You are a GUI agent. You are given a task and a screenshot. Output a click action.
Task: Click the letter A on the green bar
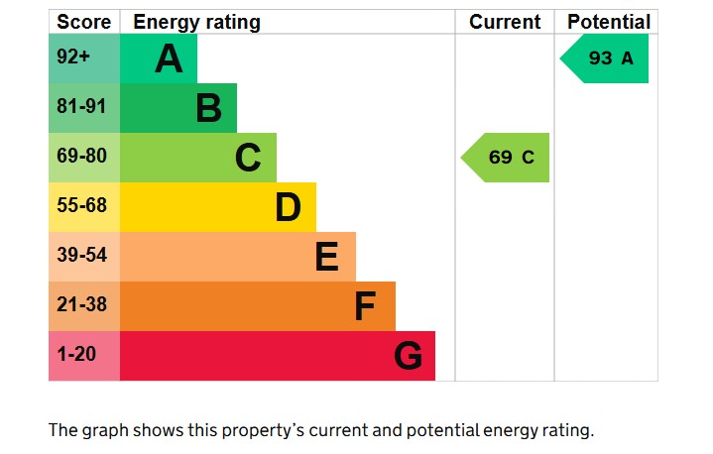pyautogui.click(x=170, y=59)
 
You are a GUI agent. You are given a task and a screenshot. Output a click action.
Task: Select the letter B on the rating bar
pyautogui.click(x=208, y=108)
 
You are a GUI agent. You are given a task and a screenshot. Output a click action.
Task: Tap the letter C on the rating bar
pyautogui.click(x=248, y=158)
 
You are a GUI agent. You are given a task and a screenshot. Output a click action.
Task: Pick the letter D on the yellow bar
pyautogui.click(x=288, y=207)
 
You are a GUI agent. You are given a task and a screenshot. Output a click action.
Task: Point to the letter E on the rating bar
pyautogui.click(x=326, y=257)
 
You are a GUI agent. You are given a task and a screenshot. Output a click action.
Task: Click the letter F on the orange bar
pyautogui.click(x=365, y=306)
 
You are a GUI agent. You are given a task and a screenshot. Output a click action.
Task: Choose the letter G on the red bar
pyautogui.click(x=408, y=356)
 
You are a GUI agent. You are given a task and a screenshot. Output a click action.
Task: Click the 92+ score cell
pyautogui.click(x=74, y=57)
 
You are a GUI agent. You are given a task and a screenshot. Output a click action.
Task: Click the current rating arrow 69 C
pyautogui.click(x=507, y=158)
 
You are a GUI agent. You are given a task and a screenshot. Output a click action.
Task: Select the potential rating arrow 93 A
pyautogui.click(x=606, y=58)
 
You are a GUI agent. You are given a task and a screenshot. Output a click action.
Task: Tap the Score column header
pyautogui.click(x=82, y=22)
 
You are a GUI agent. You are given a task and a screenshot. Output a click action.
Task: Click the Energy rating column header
pyautogui.click(x=196, y=22)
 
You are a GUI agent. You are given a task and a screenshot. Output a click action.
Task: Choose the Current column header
pyautogui.click(x=505, y=22)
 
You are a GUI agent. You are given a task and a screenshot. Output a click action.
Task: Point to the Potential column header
pyautogui.click(x=609, y=22)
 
